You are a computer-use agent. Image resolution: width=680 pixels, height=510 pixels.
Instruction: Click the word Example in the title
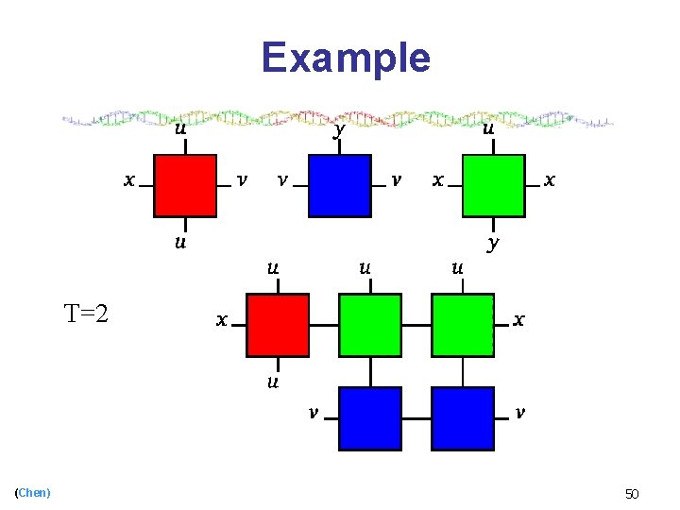point(346,58)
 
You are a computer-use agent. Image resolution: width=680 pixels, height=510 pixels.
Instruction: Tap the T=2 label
point(86,313)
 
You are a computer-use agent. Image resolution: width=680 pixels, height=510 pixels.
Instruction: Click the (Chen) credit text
point(33,492)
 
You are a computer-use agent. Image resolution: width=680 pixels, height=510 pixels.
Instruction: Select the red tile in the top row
point(185,185)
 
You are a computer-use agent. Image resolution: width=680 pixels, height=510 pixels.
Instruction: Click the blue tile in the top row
point(339,185)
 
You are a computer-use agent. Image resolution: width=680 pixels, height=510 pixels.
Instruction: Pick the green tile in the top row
point(493,185)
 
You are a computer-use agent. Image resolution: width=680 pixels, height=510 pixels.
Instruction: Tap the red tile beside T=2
point(278,325)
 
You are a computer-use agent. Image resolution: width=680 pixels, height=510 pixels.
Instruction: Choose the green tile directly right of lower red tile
point(370,325)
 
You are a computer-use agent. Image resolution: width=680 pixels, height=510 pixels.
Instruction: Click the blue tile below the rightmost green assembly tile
point(463,417)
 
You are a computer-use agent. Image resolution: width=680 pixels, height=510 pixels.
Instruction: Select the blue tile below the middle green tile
point(370,417)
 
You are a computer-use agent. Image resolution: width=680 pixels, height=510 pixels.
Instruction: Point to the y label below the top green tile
point(493,243)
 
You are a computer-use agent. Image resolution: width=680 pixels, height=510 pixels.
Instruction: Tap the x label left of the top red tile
point(128,179)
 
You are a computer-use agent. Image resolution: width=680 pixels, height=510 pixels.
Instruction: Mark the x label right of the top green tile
point(551,179)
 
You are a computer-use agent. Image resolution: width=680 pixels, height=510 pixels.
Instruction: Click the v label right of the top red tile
point(243,179)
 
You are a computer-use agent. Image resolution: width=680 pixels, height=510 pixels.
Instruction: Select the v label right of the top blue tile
point(397,179)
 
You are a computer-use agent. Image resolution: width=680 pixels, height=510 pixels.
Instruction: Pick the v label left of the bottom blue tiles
point(313,412)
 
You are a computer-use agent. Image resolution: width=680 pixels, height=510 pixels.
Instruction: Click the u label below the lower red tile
point(272,382)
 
